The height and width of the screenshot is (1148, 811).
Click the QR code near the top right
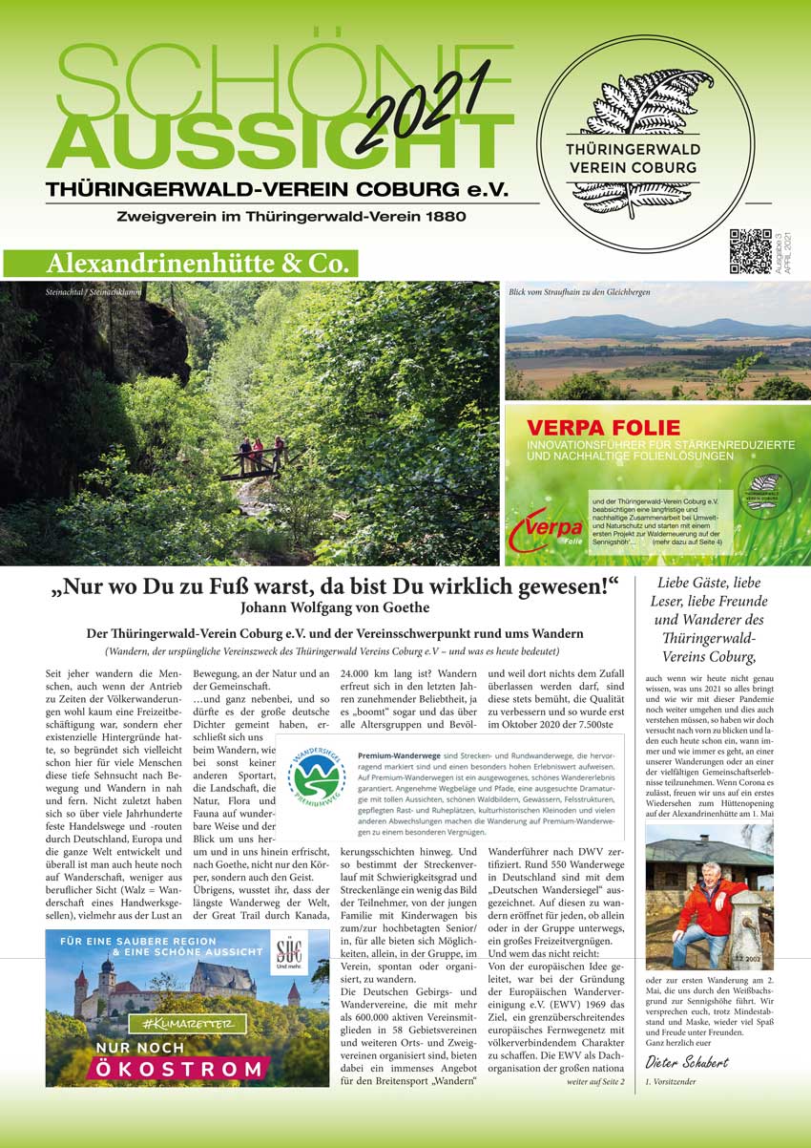[750, 251]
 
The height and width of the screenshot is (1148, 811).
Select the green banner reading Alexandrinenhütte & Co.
[181, 263]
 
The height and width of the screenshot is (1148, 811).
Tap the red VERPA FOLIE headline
[605, 427]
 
